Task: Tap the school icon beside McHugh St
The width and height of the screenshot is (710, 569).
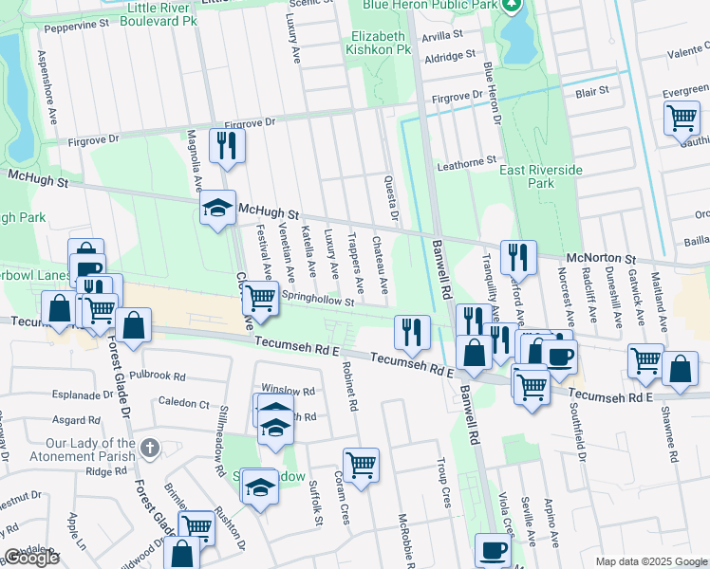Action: coord(217,208)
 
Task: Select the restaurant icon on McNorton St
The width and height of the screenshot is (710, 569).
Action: coord(518,256)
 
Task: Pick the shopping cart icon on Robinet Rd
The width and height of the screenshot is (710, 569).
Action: coord(361,465)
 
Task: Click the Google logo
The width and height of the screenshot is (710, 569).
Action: coord(31,558)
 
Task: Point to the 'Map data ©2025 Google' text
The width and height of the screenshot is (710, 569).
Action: coord(650,561)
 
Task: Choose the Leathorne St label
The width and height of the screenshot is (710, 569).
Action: coord(466,163)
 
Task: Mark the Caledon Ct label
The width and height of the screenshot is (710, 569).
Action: coord(185,402)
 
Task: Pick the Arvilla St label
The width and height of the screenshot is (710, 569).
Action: coord(456,33)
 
